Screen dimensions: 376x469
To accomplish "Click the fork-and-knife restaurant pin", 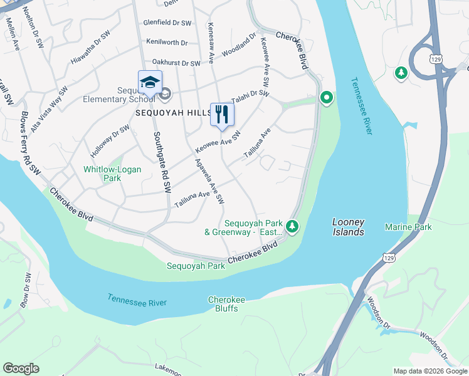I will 221,115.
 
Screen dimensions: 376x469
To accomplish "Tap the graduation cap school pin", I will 150,83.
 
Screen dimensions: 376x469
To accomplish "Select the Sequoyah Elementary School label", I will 119,95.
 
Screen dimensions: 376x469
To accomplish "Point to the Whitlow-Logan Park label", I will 113,174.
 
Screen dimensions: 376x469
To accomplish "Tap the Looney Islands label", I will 347,227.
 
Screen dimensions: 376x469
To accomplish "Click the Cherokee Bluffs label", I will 226,304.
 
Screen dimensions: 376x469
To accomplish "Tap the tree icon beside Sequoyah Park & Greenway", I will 292,226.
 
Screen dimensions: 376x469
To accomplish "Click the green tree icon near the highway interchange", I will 401,73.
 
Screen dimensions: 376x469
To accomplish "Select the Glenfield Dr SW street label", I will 167,23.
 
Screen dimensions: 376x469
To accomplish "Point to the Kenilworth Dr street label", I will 167,43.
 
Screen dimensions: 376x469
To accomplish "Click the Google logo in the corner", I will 21,368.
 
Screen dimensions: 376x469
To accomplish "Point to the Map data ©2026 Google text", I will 429,371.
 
